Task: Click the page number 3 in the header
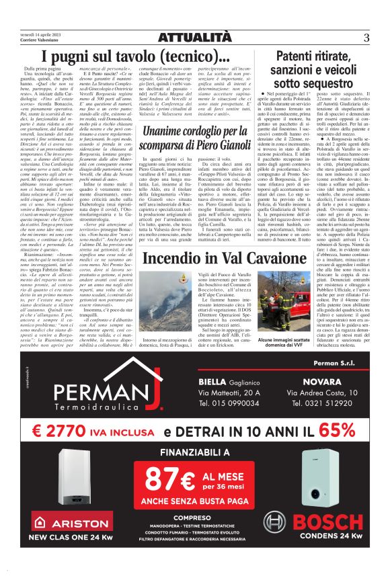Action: pos(366,37)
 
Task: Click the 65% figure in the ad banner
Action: pos(320,430)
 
